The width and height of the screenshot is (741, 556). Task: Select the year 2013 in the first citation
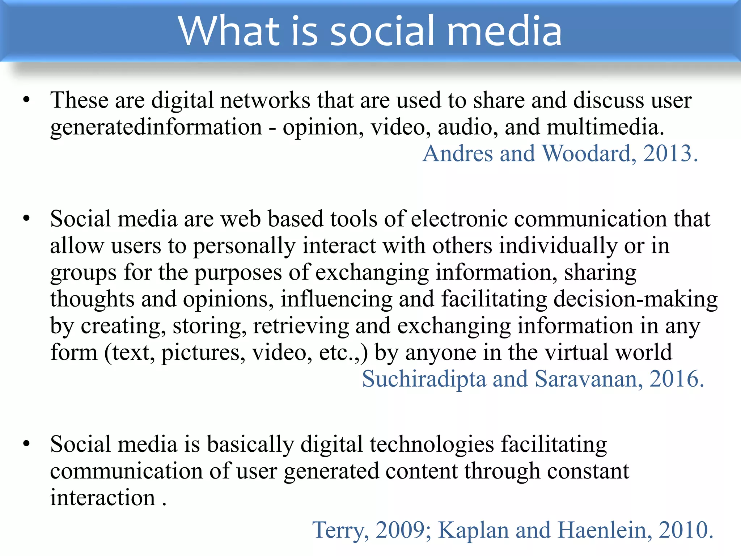click(x=667, y=153)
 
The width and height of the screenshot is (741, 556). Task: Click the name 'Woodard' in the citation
click(x=588, y=153)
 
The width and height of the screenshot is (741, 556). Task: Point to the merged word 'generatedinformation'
click(x=156, y=127)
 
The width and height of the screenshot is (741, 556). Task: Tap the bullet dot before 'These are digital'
click(x=26, y=100)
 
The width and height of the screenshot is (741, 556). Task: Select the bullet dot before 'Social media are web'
click(x=26, y=219)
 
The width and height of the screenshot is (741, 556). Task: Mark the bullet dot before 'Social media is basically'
click(x=26, y=444)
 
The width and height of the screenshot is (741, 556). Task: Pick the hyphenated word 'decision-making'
click(x=635, y=300)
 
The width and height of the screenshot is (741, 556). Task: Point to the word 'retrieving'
click(x=301, y=326)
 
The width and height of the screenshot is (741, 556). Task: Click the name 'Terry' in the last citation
click(x=340, y=531)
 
